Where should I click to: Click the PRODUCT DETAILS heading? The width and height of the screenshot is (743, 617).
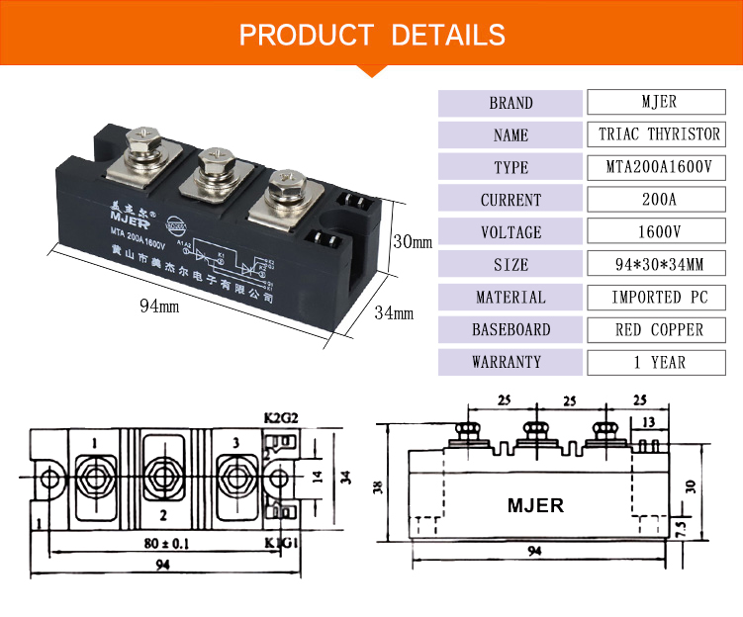tap(372, 36)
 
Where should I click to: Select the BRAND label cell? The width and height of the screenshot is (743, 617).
tap(511, 103)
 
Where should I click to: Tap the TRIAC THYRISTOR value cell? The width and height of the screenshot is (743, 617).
tap(659, 134)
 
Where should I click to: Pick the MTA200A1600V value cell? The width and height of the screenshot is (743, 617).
tap(659, 167)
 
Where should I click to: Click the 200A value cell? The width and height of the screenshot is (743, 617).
tap(659, 200)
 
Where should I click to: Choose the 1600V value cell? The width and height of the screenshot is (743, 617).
tap(659, 232)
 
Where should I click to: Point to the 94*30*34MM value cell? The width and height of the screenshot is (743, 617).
tap(659, 265)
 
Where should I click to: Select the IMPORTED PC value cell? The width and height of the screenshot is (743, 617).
tap(659, 297)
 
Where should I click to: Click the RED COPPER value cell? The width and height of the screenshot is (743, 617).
tap(659, 329)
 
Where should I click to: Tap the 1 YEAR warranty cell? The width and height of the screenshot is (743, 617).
tap(659, 362)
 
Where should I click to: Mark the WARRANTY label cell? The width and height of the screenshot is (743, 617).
tap(511, 362)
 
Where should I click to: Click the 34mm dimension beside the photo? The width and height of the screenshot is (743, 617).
tap(394, 313)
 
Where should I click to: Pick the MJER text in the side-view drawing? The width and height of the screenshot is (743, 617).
tap(535, 505)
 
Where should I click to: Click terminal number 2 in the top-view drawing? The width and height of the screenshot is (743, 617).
tap(162, 514)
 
